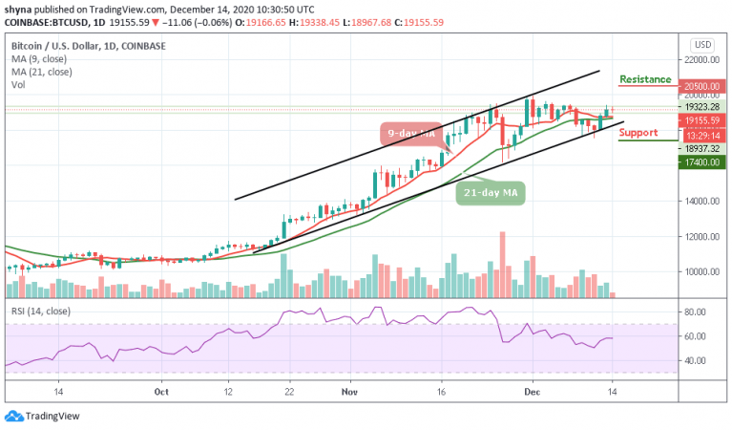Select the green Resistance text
646,79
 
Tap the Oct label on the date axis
161,391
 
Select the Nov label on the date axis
348,391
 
